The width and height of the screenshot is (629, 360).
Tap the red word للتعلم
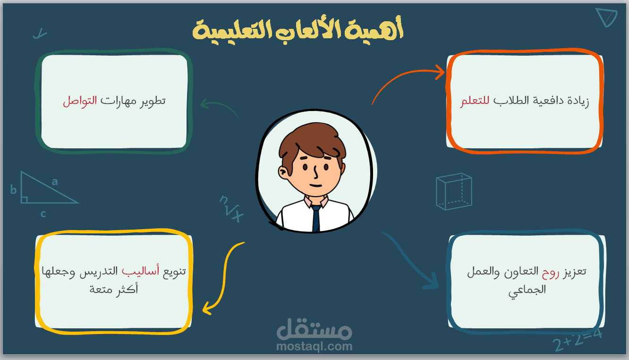pyautogui.click(x=475, y=101)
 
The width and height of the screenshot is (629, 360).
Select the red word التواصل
pyautogui.click(x=80, y=101)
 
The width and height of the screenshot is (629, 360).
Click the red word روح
pyautogui.click(x=551, y=272)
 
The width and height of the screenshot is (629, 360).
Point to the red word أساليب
pyautogui.click(x=140, y=271)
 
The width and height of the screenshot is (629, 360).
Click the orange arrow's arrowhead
pyautogui.click(x=440, y=72)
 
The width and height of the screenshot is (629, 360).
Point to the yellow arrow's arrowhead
pyautogui.click(x=207, y=308)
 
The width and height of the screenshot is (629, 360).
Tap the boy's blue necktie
pyautogui.click(x=316, y=218)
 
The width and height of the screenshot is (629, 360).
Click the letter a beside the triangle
pyautogui.click(x=55, y=182)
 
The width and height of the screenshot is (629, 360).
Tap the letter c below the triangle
pyautogui.click(x=43, y=214)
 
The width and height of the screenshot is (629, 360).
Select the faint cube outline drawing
pyautogui.click(x=454, y=192)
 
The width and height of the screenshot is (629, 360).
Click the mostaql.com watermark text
pyautogui.click(x=314, y=346)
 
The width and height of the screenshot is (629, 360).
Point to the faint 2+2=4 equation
pyautogui.click(x=578, y=341)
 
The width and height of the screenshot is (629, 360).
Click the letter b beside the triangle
pyautogui.click(x=13, y=190)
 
